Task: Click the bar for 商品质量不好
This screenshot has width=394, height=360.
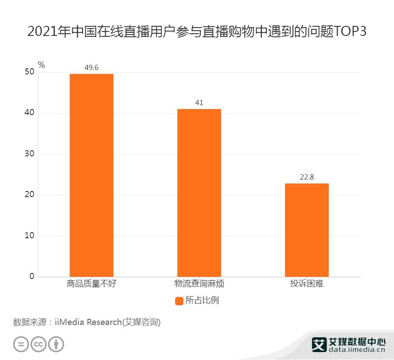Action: click(91, 175)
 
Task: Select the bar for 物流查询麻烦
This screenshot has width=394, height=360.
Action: click(199, 193)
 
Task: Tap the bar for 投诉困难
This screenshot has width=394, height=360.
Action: click(306, 230)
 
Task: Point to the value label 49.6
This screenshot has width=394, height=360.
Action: click(91, 67)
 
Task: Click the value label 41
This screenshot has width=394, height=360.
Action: click(199, 102)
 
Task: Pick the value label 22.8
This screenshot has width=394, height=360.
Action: click(306, 177)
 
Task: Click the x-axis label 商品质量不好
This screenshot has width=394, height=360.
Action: click(91, 284)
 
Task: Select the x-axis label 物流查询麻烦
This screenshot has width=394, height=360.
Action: click(199, 284)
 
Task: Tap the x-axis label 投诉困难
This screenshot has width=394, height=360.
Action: click(306, 284)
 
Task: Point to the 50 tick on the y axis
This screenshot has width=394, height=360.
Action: click(29, 72)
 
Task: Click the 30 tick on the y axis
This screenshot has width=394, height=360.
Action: click(29, 154)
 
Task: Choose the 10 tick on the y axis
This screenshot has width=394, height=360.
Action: click(29, 236)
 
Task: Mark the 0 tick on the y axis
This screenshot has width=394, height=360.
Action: click(32, 276)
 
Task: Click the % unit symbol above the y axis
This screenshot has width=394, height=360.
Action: click(42, 65)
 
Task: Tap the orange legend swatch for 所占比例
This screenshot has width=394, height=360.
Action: click(179, 301)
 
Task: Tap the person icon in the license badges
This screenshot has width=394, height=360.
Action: click(56, 344)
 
